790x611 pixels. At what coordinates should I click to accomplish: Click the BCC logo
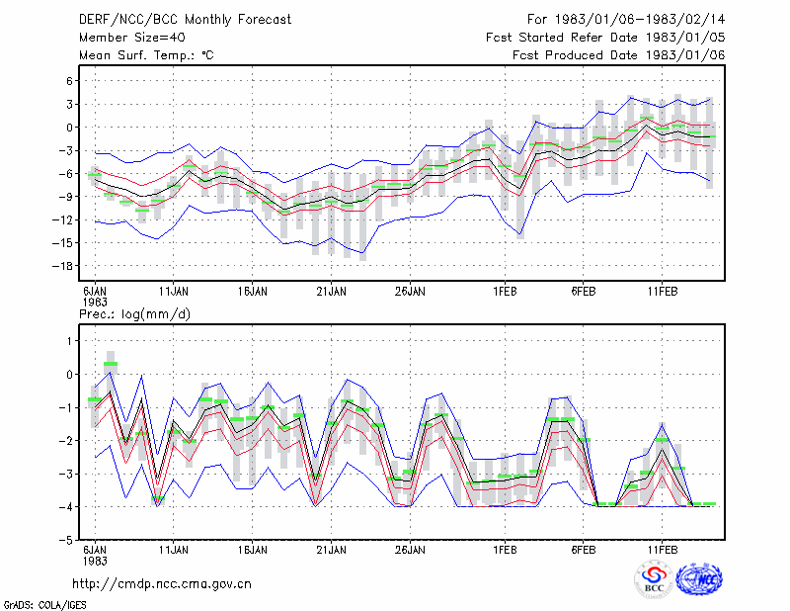[654, 579]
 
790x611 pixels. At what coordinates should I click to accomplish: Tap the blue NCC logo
[699, 579]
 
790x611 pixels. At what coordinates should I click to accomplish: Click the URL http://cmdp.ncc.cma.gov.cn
[162, 584]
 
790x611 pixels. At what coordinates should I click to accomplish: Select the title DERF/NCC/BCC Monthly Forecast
[185, 20]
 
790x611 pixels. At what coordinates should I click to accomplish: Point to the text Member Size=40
[132, 38]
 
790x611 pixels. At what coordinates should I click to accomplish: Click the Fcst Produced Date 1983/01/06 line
[619, 55]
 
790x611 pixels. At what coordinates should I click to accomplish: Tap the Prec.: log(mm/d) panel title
[134, 314]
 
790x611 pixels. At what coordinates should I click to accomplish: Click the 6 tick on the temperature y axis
[70, 81]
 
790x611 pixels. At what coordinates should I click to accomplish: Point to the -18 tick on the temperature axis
[63, 266]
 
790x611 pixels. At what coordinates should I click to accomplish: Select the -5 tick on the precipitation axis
[66, 540]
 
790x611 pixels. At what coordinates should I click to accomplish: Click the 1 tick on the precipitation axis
[70, 341]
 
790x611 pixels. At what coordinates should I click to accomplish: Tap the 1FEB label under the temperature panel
[505, 292]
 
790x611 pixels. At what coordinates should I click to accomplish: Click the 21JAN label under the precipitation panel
[331, 550]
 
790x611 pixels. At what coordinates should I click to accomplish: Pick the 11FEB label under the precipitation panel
[662, 550]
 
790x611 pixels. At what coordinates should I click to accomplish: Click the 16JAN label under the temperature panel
[253, 292]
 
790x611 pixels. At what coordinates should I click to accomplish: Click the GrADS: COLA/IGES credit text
[44, 605]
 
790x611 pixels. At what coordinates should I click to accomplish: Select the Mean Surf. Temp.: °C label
[146, 55]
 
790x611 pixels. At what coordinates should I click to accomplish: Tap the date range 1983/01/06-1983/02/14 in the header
[640, 20]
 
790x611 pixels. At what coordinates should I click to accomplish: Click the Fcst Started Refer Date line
[605, 38]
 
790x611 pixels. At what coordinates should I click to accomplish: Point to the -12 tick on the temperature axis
[63, 219]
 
